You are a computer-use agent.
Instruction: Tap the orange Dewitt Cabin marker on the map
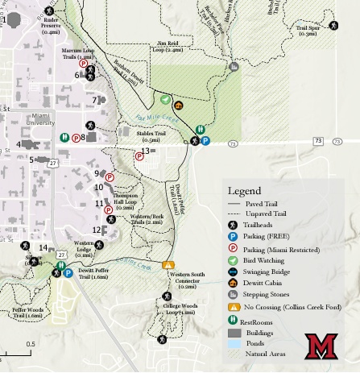179,105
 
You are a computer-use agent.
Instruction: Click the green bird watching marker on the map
165,101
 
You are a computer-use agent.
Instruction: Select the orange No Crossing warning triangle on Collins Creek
168,263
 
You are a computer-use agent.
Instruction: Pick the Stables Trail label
152,136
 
